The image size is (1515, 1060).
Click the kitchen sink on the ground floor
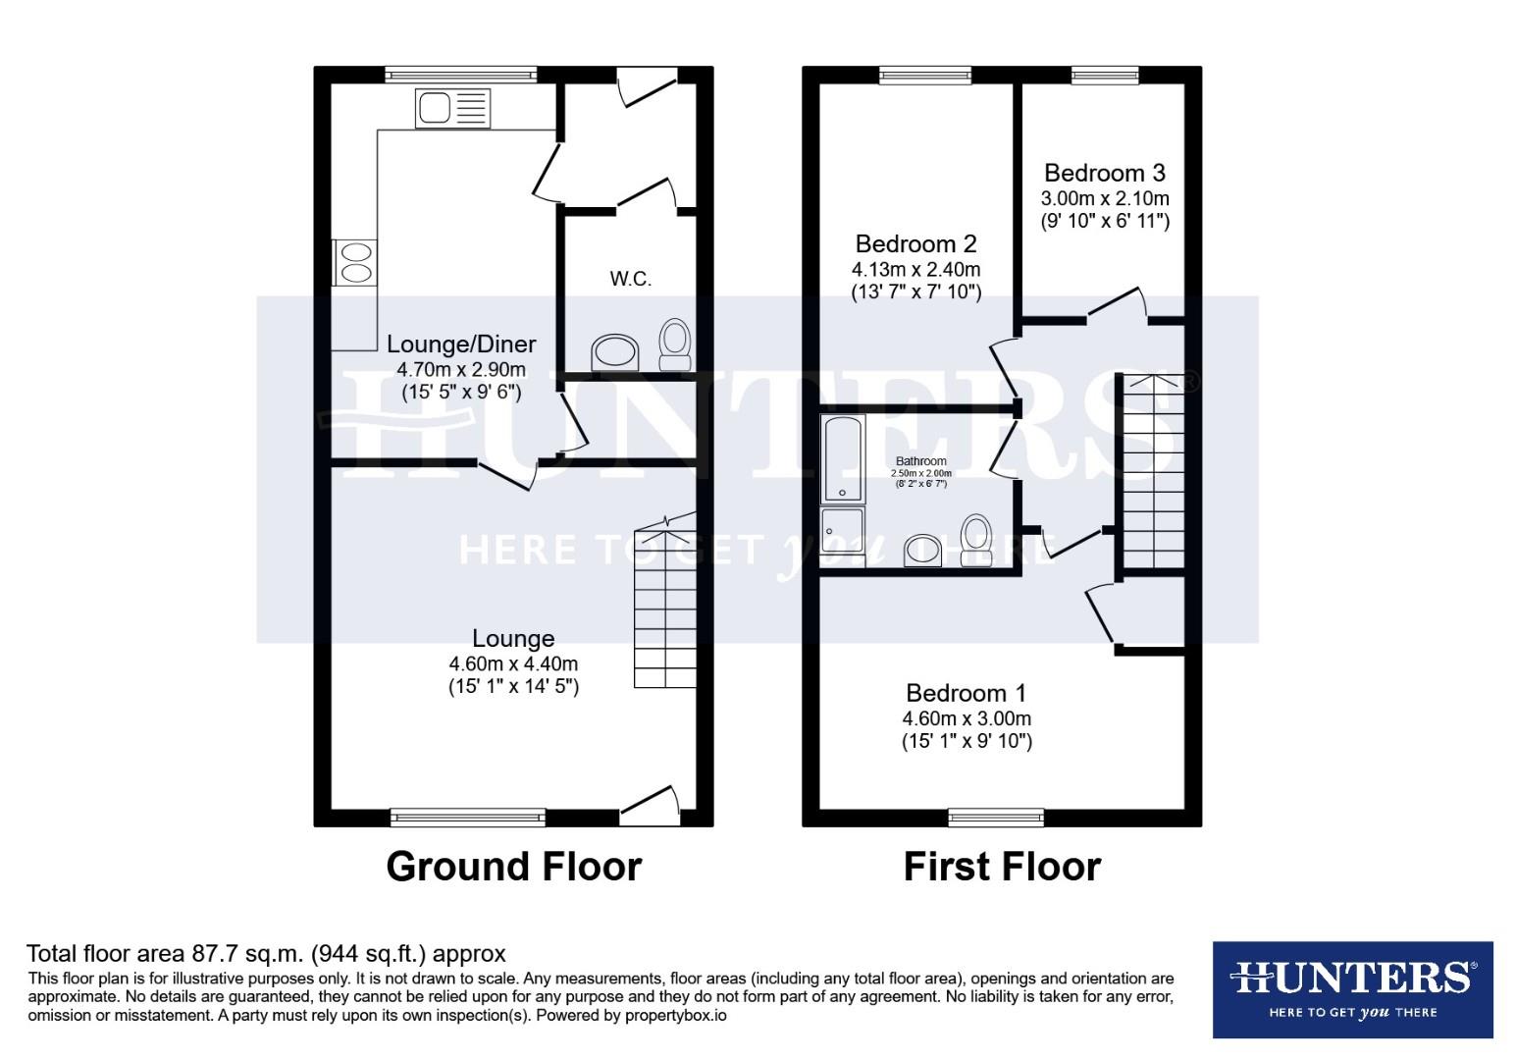point(450,108)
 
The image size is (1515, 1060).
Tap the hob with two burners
point(354,262)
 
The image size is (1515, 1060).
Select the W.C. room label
point(630,280)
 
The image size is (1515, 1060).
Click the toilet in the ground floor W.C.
point(674,344)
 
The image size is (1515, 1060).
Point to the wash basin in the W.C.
point(615,352)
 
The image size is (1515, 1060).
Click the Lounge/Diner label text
point(461,344)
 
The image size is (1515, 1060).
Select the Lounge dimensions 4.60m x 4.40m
point(513,663)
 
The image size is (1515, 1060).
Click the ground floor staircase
point(665,608)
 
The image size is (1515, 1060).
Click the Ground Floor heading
point(513,867)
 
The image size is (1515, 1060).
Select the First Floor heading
point(1002,867)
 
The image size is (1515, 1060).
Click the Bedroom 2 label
point(915,243)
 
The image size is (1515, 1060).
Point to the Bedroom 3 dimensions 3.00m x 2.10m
point(1105,198)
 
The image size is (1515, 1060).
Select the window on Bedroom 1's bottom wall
point(996,817)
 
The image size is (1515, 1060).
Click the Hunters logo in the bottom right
point(1352,989)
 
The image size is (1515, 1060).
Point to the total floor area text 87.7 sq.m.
point(266,953)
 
